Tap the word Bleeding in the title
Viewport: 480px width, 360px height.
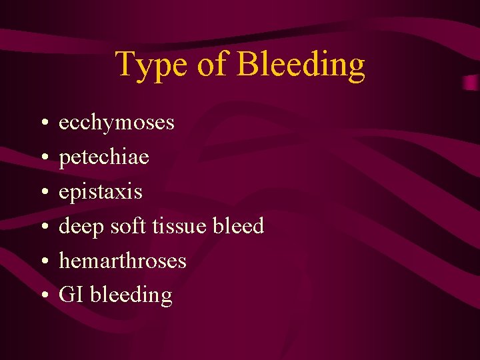tap(301, 65)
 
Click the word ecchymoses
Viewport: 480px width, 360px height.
tap(117, 123)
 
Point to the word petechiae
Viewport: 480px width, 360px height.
tap(104, 158)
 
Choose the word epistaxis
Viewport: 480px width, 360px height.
tap(101, 193)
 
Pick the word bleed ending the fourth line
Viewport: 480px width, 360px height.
tap(238, 227)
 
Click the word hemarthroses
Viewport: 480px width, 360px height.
tap(123, 261)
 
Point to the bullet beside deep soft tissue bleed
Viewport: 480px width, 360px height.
tap(42, 227)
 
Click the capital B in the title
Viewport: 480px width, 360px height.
tap(248, 65)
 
